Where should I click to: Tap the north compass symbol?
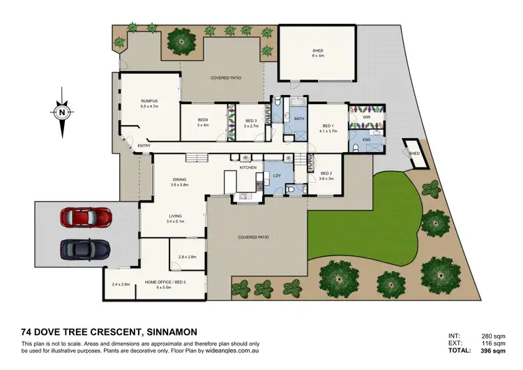tap(62, 112)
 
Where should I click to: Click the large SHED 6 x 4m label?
tap(317, 51)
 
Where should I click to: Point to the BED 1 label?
tap(328, 126)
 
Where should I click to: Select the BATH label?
tap(299, 119)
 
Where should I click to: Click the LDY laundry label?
tap(278, 175)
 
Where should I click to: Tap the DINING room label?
tap(180, 180)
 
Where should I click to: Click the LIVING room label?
tap(174, 216)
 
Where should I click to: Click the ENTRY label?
tap(144, 145)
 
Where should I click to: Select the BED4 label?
tap(203, 121)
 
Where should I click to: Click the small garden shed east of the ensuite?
tap(414, 154)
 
